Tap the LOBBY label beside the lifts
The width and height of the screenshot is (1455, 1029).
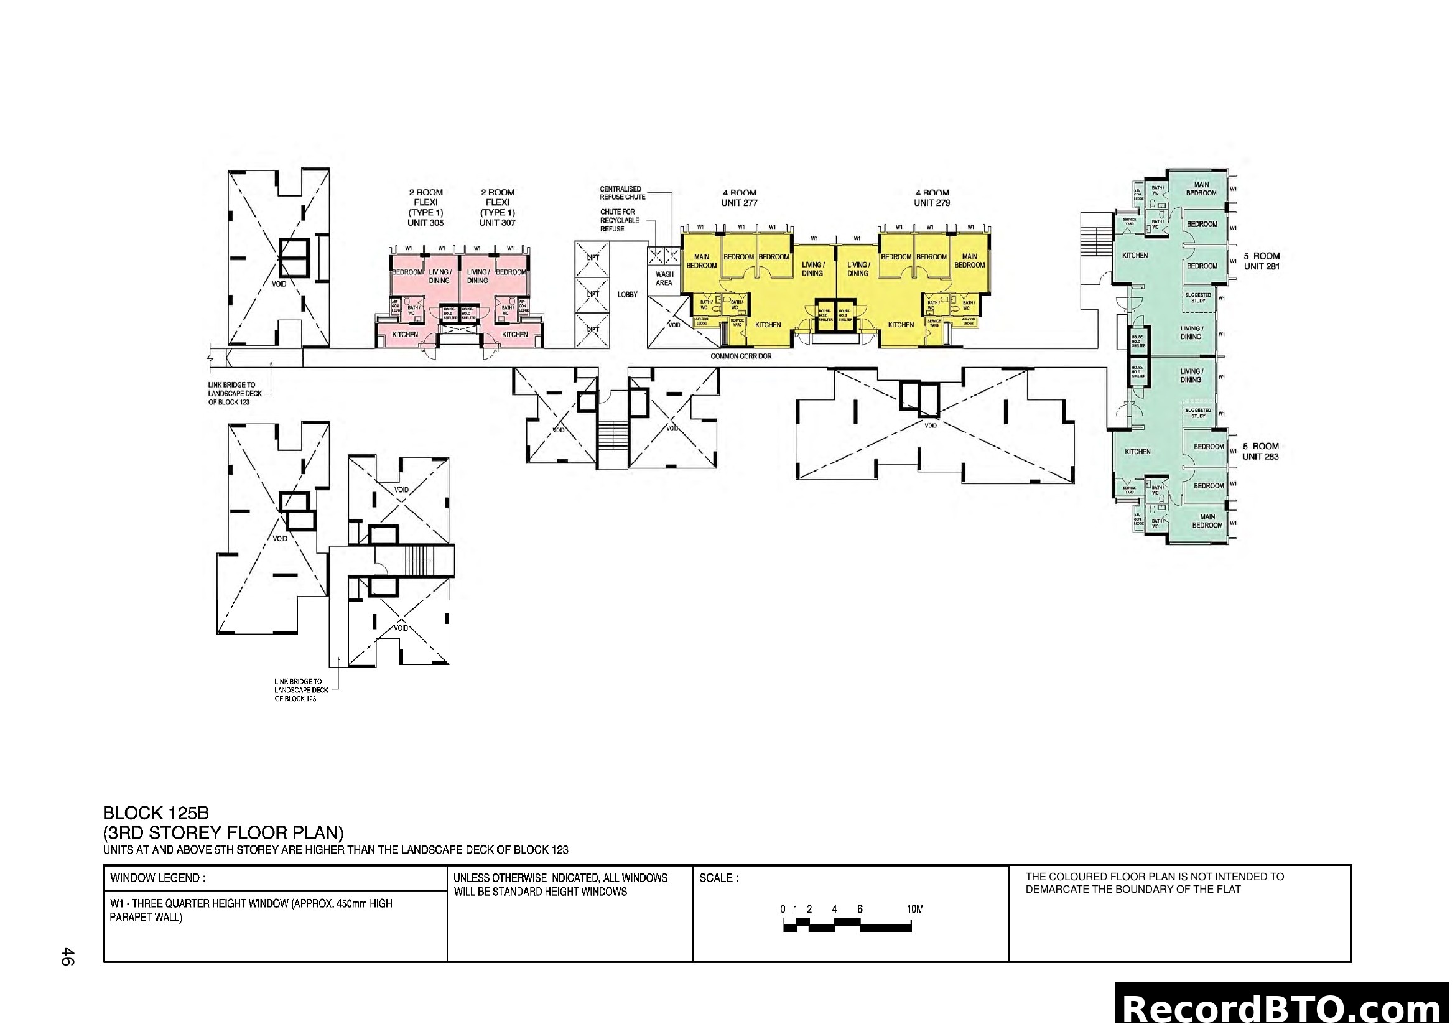pyautogui.click(x=628, y=295)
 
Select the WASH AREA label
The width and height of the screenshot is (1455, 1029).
pyautogui.click(x=664, y=279)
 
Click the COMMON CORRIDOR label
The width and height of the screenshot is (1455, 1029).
pyautogui.click(x=741, y=356)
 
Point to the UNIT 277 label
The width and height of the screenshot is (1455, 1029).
pyautogui.click(x=739, y=203)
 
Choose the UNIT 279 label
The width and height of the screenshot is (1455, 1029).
pyautogui.click(x=932, y=203)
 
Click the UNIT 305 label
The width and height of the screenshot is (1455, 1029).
pyautogui.click(x=425, y=223)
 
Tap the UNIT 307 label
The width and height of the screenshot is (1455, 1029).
pyautogui.click(x=498, y=223)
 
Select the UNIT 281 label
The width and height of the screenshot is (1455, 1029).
pyautogui.click(x=1261, y=267)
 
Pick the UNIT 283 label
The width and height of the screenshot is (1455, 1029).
pyautogui.click(x=1260, y=457)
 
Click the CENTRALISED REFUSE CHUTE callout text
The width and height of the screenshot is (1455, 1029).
pyautogui.click(x=622, y=193)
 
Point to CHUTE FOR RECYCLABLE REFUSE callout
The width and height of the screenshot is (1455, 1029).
pyautogui.click(x=619, y=220)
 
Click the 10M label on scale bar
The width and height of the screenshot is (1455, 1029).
pyautogui.click(x=915, y=910)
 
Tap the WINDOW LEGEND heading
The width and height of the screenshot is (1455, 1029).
pyautogui.click(x=157, y=878)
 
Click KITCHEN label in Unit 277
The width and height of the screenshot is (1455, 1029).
pyautogui.click(x=768, y=325)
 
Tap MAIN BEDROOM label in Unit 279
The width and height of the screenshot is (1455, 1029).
pyautogui.click(x=970, y=261)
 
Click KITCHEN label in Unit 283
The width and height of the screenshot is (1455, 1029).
pyautogui.click(x=1138, y=452)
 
